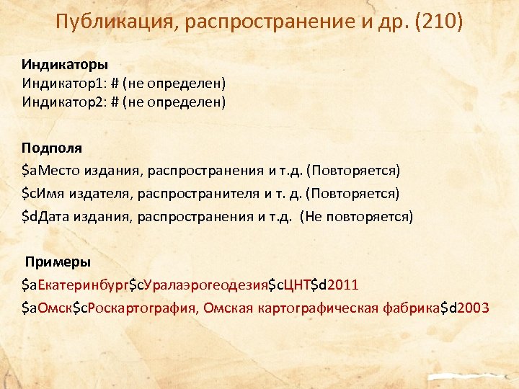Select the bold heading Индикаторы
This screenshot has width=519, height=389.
tap(64, 64)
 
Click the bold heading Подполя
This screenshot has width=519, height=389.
tap(51, 148)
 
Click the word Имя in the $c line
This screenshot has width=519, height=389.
tap(50, 193)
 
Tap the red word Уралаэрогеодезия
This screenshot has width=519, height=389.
tap(206, 286)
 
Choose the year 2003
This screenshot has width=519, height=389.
tap(471, 308)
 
